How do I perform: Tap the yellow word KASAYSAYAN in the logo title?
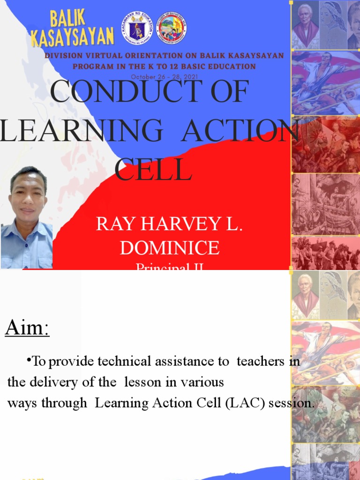[72, 37]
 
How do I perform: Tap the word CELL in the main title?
[154, 170]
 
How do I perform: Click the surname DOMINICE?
[170, 248]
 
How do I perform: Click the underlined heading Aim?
[27, 328]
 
